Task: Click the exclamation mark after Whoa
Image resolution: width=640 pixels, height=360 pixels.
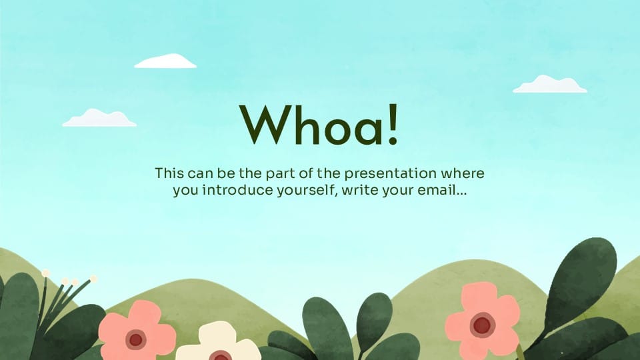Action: click(393, 125)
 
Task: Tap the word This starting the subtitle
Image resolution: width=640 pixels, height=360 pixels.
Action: click(169, 173)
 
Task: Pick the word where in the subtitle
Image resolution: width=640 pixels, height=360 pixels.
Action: click(463, 173)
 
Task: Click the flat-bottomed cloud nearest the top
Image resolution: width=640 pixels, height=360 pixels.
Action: click(165, 61)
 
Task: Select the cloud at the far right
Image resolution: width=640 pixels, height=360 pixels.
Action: click(550, 84)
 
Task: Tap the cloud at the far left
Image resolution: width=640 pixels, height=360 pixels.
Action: click(99, 118)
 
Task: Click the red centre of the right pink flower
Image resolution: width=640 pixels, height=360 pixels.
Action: click(483, 325)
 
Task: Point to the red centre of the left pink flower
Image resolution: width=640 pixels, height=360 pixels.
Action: click(135, 339)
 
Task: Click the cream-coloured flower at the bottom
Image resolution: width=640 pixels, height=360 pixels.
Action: click(219, 343)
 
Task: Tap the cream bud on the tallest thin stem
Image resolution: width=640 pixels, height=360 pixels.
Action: click(46, 273)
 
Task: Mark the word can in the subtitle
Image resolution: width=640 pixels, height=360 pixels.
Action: click(200, 174)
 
